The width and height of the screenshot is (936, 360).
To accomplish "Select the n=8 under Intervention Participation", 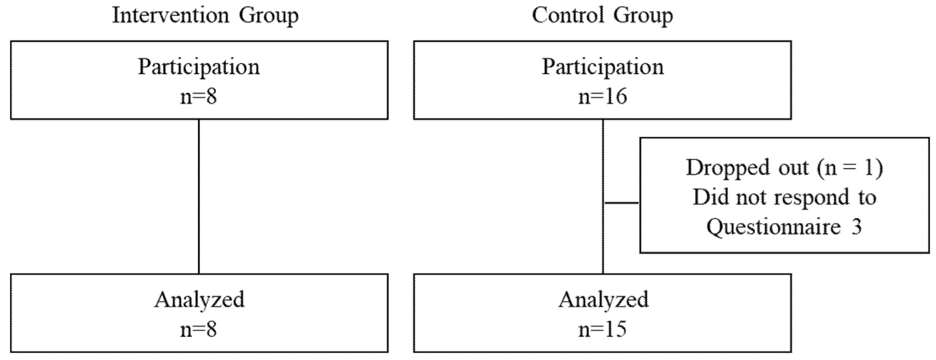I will [199, 97].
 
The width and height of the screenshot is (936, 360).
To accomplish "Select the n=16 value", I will [603, 97].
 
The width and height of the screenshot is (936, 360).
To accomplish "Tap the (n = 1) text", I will [850, 168].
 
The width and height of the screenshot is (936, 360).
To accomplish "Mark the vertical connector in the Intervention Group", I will [199, 196].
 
